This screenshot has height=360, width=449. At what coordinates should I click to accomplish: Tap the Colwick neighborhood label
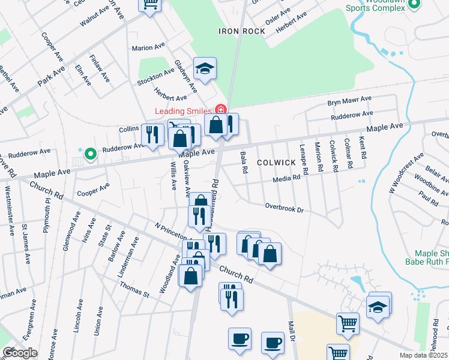(x=276, y=163)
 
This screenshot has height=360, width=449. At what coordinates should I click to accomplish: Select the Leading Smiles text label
(x=183, y=111)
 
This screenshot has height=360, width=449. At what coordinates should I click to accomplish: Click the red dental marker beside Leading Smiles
(x=220, y=110)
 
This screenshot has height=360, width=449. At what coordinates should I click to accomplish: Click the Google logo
(x=19, y=353)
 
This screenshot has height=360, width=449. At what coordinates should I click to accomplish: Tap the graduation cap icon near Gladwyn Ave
(x=205, y=69)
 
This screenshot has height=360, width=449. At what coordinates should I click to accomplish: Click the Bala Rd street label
(x=244, y=163)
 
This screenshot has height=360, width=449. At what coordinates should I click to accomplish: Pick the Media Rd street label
(x=286, y=178)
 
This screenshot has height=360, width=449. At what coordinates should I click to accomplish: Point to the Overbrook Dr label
(x=286, y=208)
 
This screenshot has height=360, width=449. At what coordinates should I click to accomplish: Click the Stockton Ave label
(x=155, y=77)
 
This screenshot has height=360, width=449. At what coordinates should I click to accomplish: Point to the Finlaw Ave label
(x=99, y=68)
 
